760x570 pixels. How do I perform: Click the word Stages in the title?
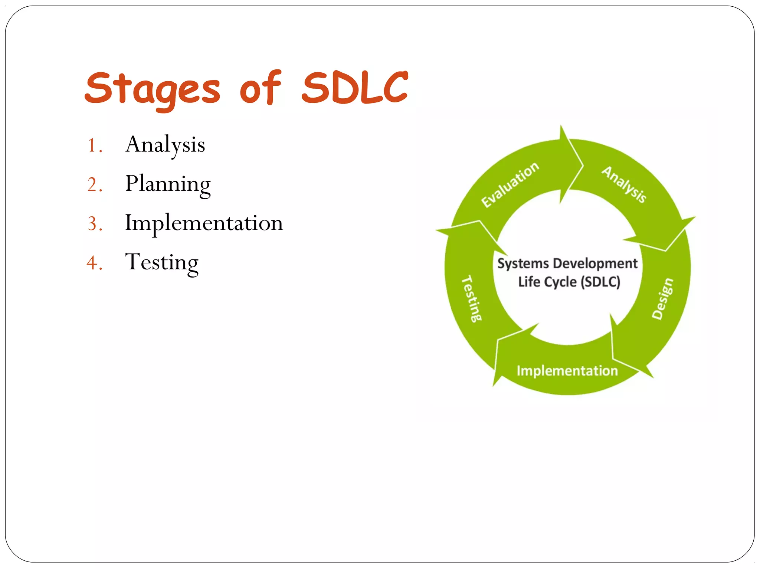coord(152,88)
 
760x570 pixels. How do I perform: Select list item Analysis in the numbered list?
coord(165,145)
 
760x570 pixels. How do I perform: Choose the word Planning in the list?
coord(168,184)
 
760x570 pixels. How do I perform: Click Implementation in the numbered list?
coord(204,223)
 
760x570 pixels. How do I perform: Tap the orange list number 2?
coord(95,185)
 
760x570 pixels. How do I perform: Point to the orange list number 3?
coord(95,224)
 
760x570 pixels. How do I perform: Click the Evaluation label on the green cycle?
coord(510,184)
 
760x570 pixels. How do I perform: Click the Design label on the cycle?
coord(662,298)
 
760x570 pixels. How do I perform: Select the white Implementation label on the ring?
coord(567,371)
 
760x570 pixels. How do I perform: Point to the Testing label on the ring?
coord(471,298)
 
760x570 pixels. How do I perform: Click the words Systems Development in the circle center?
coord(567,263)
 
